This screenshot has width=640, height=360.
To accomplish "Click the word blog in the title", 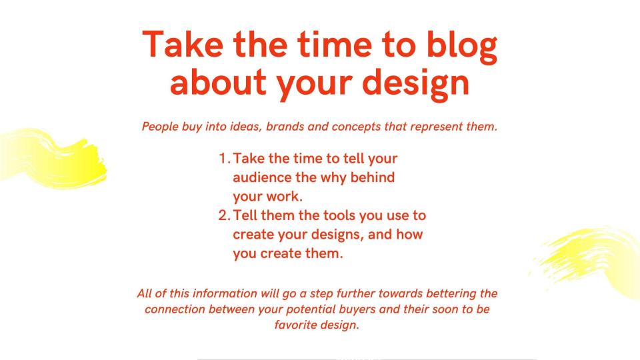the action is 461,46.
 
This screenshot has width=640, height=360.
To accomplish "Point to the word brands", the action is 285,126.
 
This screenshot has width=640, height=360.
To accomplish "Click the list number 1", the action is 224,158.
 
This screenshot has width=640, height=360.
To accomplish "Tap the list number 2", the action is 224,215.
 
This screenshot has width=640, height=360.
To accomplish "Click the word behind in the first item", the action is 372,177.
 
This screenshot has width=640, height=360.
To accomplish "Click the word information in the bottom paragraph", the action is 225,293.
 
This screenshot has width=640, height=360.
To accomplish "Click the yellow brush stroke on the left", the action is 53,158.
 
